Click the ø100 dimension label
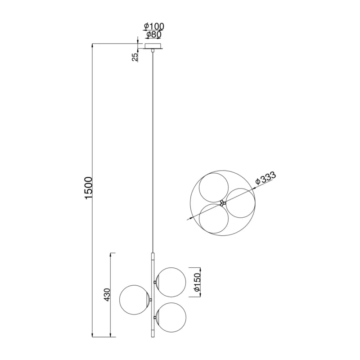154,27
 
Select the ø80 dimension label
154,35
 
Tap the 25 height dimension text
135,57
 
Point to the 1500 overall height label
89,188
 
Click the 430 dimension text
108,295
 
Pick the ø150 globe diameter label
198,283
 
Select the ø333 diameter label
265,178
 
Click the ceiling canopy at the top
153,46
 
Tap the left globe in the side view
134,300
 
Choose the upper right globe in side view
171,282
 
